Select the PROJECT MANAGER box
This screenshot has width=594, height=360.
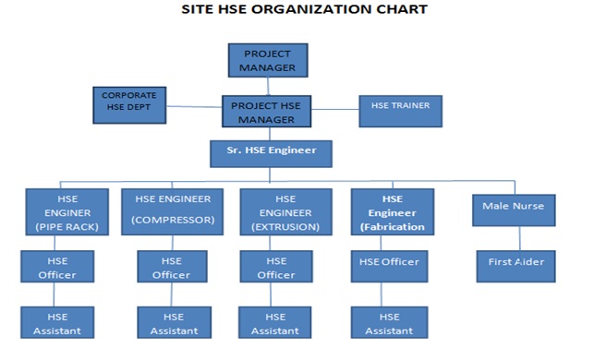pos(268,60)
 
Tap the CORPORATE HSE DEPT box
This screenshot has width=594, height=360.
pos(129,105)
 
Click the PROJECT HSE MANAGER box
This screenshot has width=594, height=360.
pos(267,112)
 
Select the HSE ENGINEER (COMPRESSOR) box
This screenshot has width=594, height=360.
pos(173,211)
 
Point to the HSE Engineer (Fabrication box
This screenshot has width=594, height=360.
pos(393,211)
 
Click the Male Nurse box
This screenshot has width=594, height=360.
pos(513,210)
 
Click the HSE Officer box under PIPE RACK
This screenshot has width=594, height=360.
pos(57,266)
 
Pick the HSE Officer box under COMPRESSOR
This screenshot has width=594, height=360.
pos(172,266)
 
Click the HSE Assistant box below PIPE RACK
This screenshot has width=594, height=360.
pos(57,322)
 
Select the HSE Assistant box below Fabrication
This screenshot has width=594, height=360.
pos(389,322)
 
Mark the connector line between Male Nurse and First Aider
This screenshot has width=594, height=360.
pos(513,236)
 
